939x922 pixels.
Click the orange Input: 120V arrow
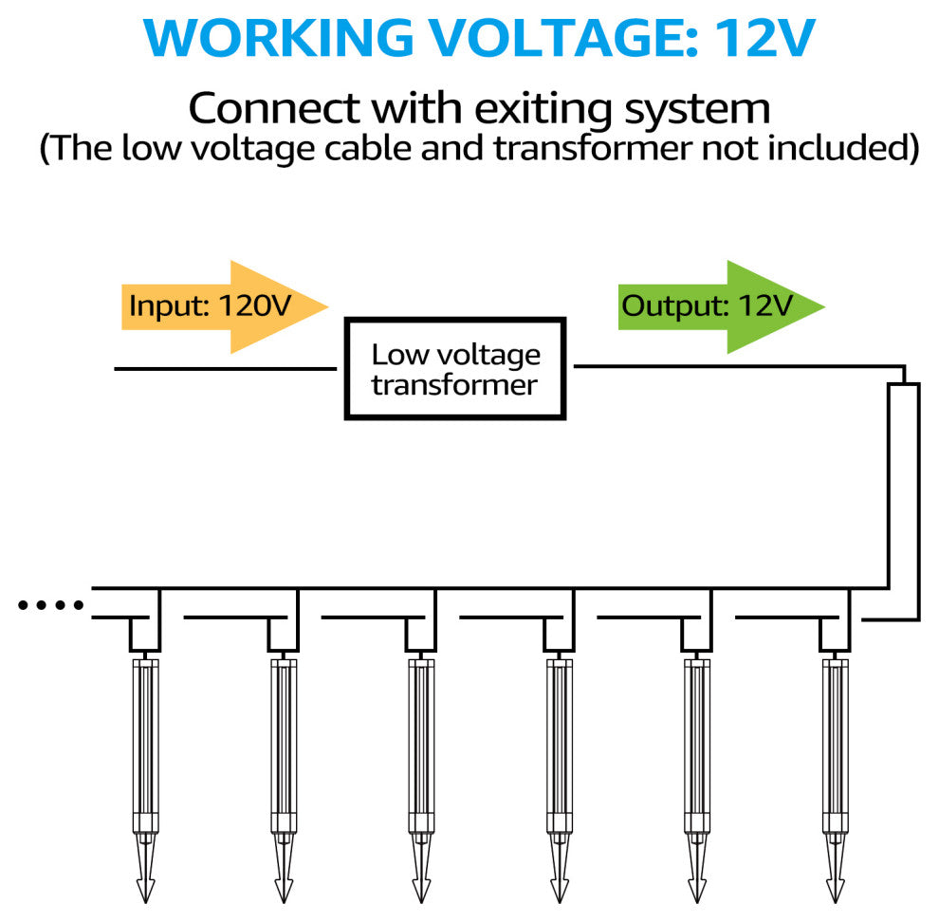click(x=224, y=306)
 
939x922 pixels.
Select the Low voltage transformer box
click(x=454, y=369)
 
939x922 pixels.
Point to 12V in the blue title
click(x=763, y=38)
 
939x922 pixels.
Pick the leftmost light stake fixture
click(x=145, y=740)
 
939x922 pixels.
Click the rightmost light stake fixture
click(x=836, y=740)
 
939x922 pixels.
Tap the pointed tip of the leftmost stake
click(x=145, y=892)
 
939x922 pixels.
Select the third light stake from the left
click(x=421, y=740)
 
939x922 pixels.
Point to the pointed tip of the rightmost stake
click(x=836, y=892)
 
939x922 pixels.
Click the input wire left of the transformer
click(x=228, y=368)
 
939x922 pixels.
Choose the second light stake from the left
click(x=284, y=740)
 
